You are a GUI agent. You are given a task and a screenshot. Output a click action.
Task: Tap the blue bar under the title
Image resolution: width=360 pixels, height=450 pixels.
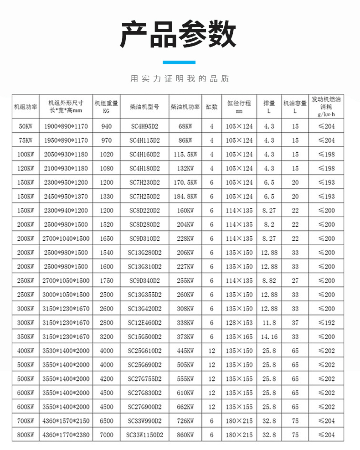[179, 62]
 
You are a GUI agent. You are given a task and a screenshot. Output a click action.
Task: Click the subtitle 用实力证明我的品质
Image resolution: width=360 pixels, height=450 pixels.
[180, 79]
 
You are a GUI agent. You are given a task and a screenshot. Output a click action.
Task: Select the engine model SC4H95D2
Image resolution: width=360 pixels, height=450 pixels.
[144, 126]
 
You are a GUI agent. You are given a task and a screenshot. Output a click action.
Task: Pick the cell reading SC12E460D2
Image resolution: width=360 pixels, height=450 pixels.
[144, 323]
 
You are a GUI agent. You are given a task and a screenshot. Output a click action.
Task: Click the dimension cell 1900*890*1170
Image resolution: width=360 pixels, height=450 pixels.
[66, 126]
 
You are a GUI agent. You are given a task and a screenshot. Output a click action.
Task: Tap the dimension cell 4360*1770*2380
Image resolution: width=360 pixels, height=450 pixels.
[66, 435]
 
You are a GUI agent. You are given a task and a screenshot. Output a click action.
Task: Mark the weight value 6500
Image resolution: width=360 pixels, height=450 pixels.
[106, 421]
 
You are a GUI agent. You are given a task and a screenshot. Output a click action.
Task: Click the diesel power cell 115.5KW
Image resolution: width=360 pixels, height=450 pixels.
[185, 155]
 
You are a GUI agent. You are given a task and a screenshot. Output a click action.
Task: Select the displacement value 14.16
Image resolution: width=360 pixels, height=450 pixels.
[269, 337]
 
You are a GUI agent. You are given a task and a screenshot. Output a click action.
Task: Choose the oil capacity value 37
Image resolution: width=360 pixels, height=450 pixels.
[295, 323]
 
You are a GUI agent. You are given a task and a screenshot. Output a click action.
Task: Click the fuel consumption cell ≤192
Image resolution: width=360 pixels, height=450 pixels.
[326, 323]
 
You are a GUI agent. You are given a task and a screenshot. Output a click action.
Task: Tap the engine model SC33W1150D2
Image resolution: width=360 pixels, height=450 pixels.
[144, 435]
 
